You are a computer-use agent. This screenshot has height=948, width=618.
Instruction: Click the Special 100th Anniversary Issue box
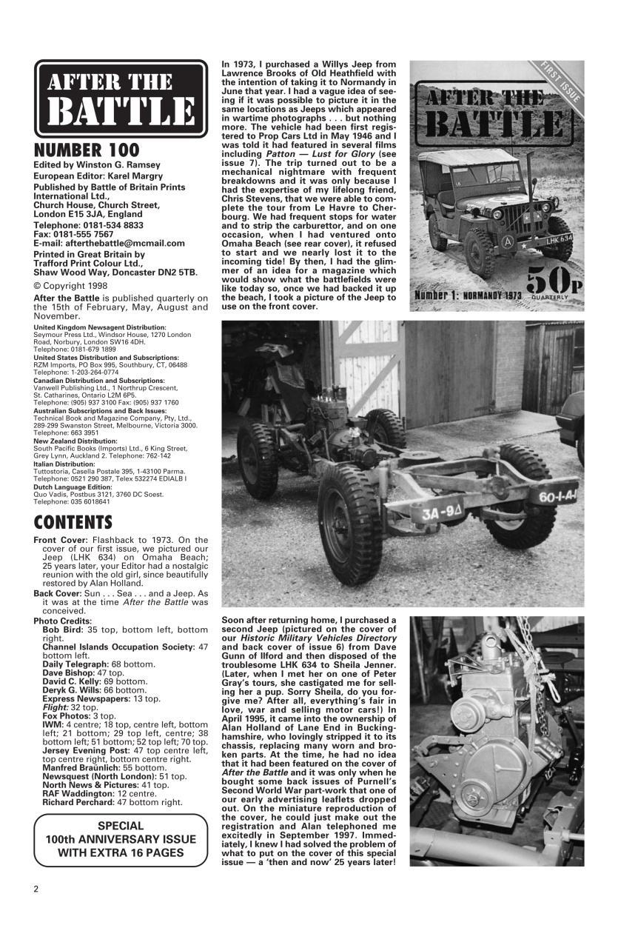[121, 840]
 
